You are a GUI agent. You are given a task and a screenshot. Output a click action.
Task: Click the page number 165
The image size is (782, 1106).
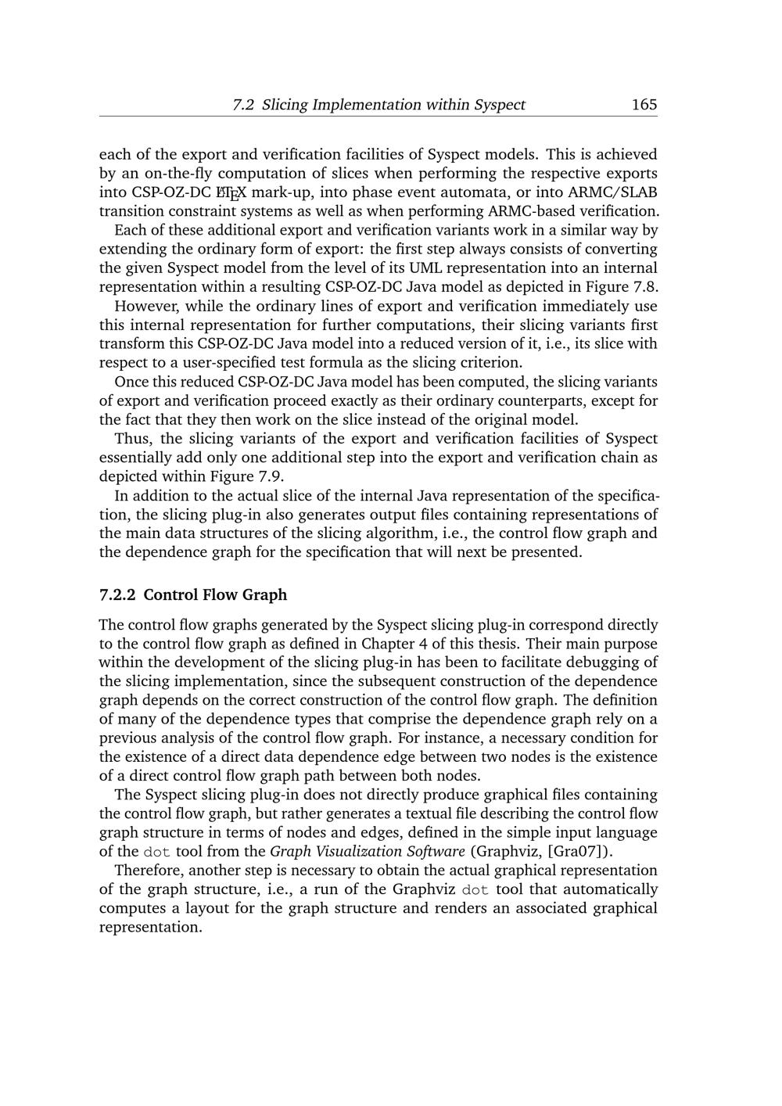tap(644, 104)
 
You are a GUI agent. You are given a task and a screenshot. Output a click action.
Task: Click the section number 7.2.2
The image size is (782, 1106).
tap(117, 594)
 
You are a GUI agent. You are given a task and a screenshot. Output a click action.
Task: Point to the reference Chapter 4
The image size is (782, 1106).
tap(393, 644)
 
